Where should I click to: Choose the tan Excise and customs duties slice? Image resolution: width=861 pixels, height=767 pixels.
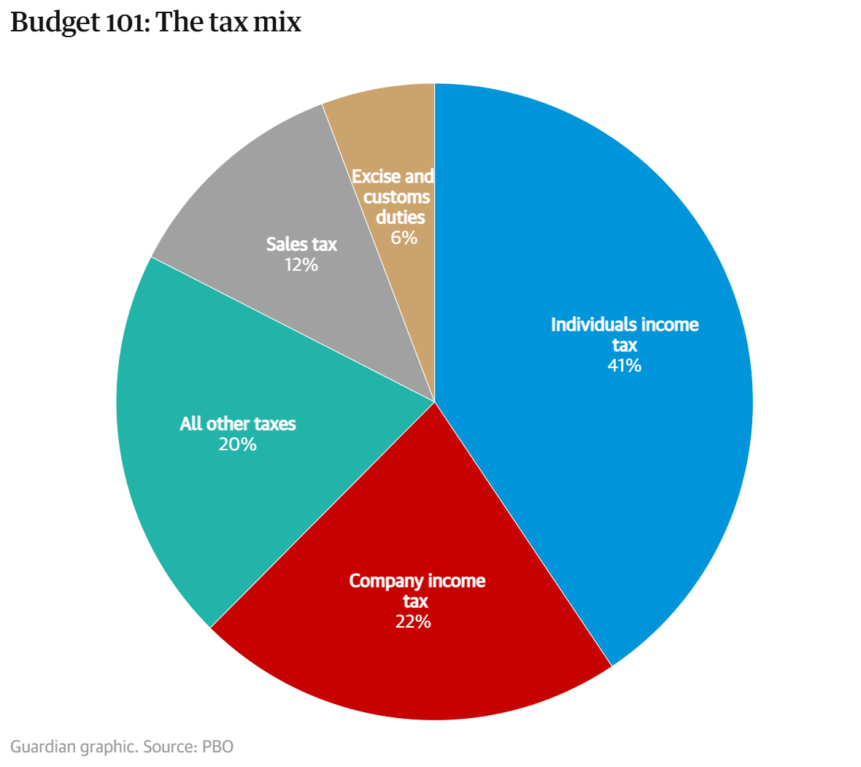[394, 124]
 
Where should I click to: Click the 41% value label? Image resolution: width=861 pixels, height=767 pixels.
[625, 366]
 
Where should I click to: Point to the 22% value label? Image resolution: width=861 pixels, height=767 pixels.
[414, 622]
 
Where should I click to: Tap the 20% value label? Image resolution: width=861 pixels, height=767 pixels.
[238, 444]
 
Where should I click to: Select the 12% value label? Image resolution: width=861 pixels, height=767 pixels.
[301, 265]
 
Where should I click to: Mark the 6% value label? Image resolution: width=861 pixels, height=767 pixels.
[404, 238]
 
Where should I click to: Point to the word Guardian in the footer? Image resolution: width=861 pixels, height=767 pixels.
[42, 747]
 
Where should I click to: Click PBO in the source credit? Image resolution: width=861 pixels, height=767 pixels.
[217, 747]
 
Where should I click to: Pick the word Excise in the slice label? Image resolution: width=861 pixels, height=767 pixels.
[376, 177]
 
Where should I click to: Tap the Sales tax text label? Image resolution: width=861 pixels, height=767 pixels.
[301, 244]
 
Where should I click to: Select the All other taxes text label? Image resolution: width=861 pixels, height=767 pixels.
[238, 424]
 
